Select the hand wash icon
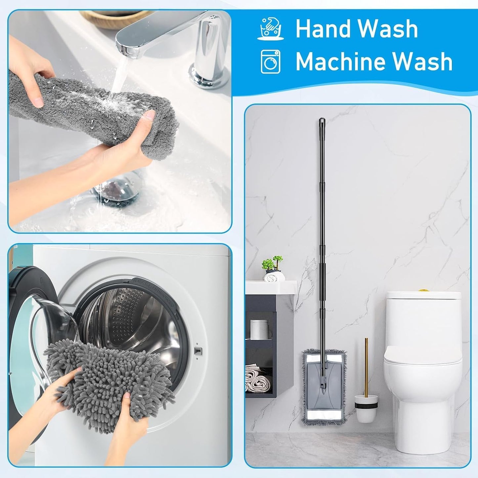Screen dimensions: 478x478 click(x=271, y=29)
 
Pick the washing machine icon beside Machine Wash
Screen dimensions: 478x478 click(x=271, y=61)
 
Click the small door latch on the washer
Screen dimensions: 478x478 click(x=197, y=351)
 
